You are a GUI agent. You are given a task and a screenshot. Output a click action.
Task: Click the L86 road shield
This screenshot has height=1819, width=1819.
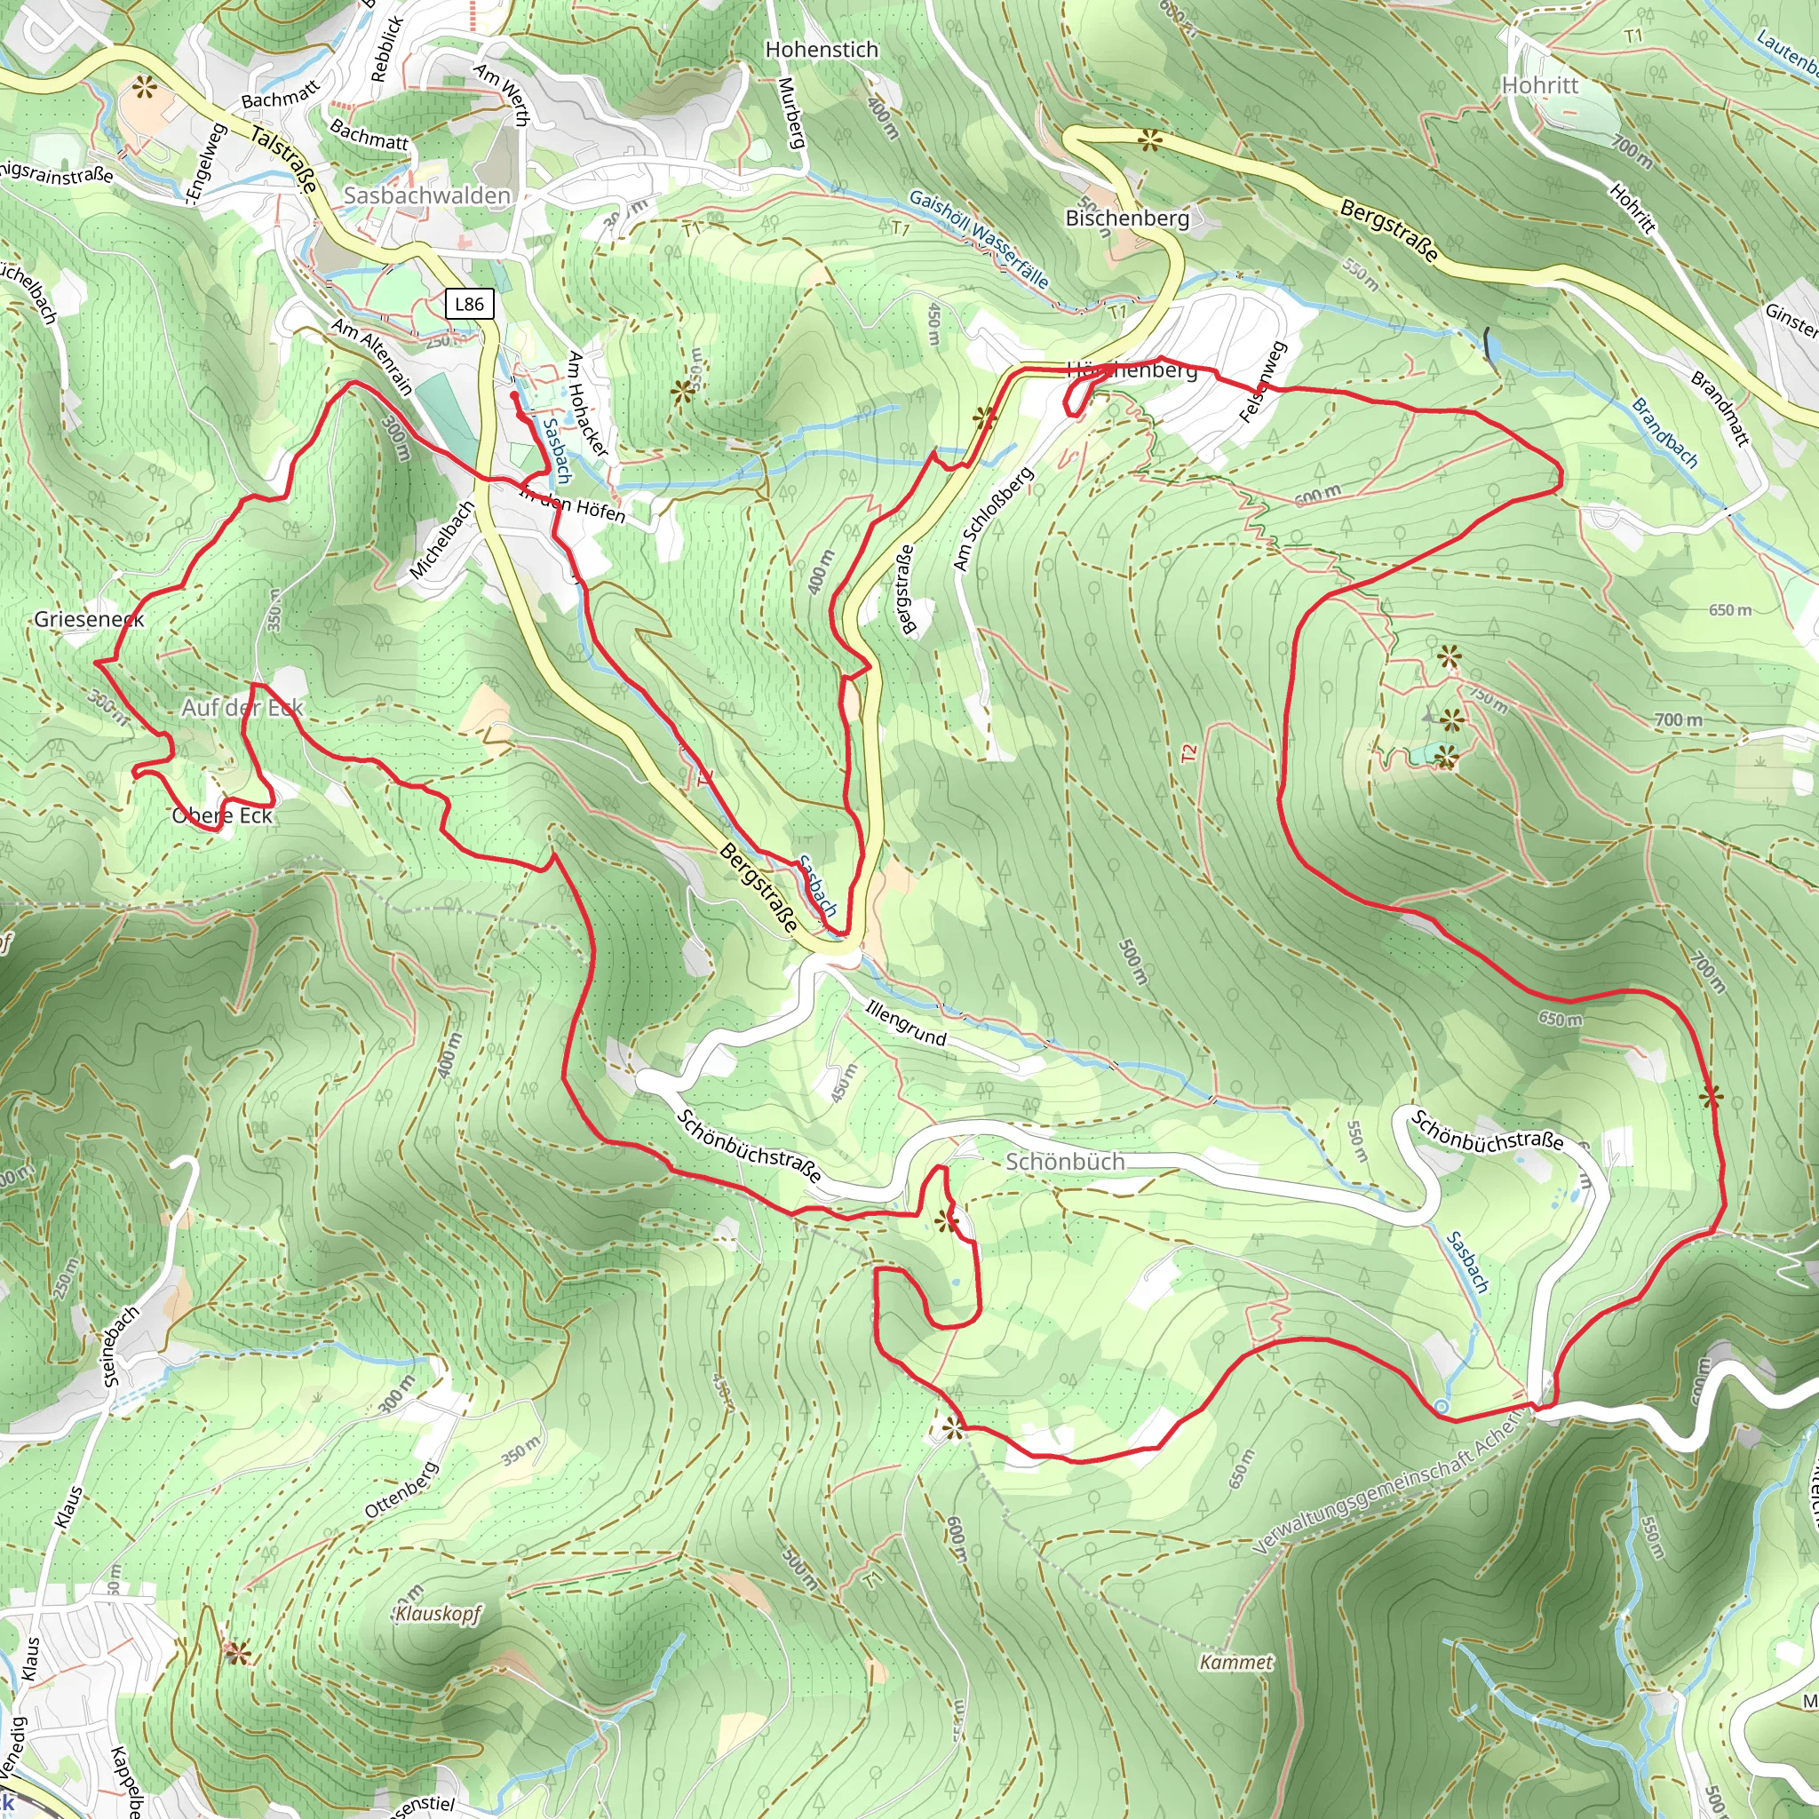pyautogui.click(x=469, y=303)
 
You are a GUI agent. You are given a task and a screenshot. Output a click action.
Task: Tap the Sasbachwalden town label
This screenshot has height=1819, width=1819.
pyautogui.click(x=426, y=195)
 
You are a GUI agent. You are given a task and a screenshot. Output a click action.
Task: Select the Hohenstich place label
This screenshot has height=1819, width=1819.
pyautogui.click(x=821, y=49)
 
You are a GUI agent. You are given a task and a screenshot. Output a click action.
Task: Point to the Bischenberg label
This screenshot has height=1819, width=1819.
pyautogui.click(x=1127, y=218)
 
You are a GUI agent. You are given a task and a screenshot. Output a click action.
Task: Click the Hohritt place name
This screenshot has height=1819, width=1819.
pyautogui.click(x=1539, y=84)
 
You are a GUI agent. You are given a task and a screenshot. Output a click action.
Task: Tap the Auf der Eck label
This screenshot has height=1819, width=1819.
pyautogui.click(x=242, y=707)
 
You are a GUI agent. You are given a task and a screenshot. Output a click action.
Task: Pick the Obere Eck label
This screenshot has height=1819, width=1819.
pyautogui.click(x=222, y=815)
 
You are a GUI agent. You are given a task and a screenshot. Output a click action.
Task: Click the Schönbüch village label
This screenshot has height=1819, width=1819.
pyautogui.click(x=1065, y=1162)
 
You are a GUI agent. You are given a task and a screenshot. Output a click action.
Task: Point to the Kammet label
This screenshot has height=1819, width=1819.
pyautogui.click(x=1236, y=1663)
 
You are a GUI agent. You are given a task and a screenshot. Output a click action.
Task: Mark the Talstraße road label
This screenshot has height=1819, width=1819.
pyautogui.click(x=283, y=161)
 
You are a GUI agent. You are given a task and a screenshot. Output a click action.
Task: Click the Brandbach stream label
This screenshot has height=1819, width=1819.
pyautogui.click(x=1664, y=434)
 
